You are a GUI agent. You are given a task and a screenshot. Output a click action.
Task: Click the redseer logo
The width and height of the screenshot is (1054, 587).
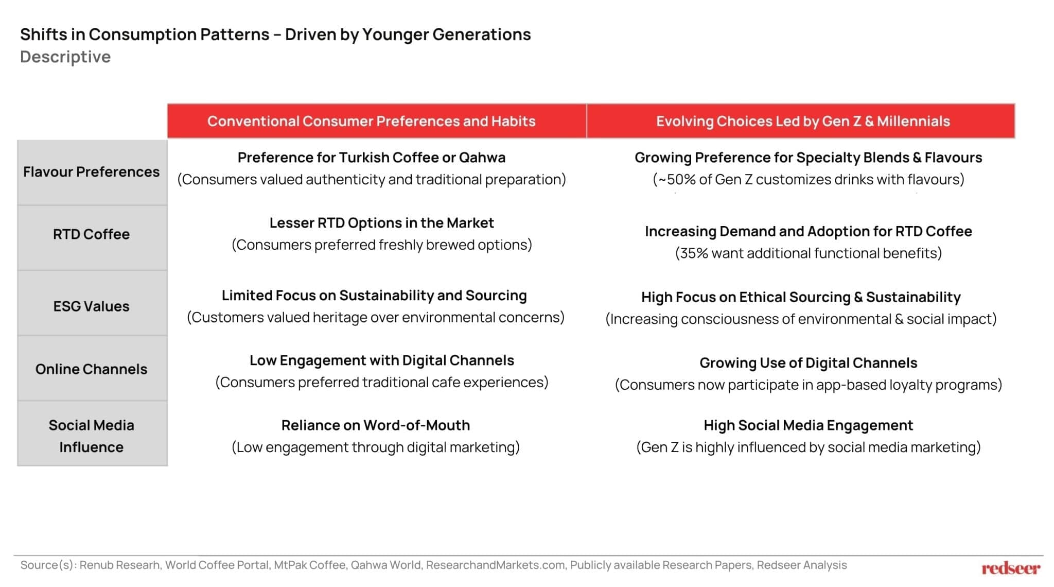(1010, 568)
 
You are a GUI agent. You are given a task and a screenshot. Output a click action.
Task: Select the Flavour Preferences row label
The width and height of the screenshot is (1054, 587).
(91, 172)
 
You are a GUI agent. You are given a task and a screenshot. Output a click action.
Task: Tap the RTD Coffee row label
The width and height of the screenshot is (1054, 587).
(91, 234)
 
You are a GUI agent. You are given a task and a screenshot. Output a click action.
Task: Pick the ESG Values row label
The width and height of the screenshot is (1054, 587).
(91, 306)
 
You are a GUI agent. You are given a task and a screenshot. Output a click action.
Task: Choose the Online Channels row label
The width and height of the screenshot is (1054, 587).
(91, 369)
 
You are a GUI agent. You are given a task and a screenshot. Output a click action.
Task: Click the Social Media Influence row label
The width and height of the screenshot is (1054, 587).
(91, 436)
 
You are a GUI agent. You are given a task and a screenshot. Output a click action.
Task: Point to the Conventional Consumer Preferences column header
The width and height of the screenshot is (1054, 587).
(371, 122)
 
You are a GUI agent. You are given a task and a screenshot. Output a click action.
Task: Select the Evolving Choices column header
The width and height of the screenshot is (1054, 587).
(802, 122)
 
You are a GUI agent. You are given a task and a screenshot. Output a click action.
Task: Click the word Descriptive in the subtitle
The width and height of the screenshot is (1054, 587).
(65, 57)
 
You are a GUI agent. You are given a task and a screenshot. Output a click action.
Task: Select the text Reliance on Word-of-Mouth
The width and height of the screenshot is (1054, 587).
(375, 425)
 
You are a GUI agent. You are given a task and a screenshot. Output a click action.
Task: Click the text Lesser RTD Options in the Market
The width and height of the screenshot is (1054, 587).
(381, 223)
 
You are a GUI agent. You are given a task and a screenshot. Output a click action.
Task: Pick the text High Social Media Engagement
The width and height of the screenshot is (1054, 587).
(808, 425)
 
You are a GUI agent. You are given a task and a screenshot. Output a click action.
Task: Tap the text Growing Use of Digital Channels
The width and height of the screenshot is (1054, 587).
(808, 363)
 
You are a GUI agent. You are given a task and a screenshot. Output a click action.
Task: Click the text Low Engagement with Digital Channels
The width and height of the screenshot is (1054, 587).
(381, 360)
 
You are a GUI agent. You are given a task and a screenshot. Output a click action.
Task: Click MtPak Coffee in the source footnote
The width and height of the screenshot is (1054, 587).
(309, 565)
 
